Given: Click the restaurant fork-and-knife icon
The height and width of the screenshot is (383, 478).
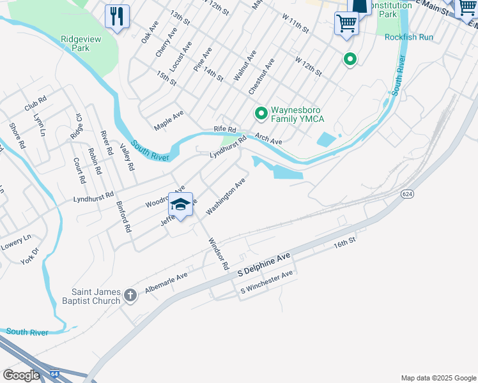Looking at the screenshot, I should coord(117,16).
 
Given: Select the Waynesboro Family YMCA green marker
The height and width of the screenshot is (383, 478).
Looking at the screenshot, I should coord(261,114).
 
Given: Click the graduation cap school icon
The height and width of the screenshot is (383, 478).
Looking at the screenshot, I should coord(181,204).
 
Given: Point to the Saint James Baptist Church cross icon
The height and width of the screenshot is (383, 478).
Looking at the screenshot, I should coord(130,295).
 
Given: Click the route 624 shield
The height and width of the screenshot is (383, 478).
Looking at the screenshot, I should coord(407,193).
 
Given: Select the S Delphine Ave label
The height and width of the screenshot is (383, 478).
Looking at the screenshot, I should coord(264,264).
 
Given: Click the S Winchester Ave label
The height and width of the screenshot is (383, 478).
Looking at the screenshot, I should coord(266,282).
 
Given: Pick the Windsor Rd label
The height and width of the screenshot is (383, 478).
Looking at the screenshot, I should coord(218,253).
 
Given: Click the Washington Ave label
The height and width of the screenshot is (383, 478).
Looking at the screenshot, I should coord(226,195).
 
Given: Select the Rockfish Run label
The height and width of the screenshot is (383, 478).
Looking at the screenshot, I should coord(409,37).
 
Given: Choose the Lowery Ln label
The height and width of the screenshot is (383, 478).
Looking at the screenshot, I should coord(17,241).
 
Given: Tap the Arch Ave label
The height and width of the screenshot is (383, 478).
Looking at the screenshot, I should coord(268,138).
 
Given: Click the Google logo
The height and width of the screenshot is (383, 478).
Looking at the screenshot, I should coord(21,375).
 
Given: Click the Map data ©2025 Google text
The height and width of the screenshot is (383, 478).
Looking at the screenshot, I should coord(438,378).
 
